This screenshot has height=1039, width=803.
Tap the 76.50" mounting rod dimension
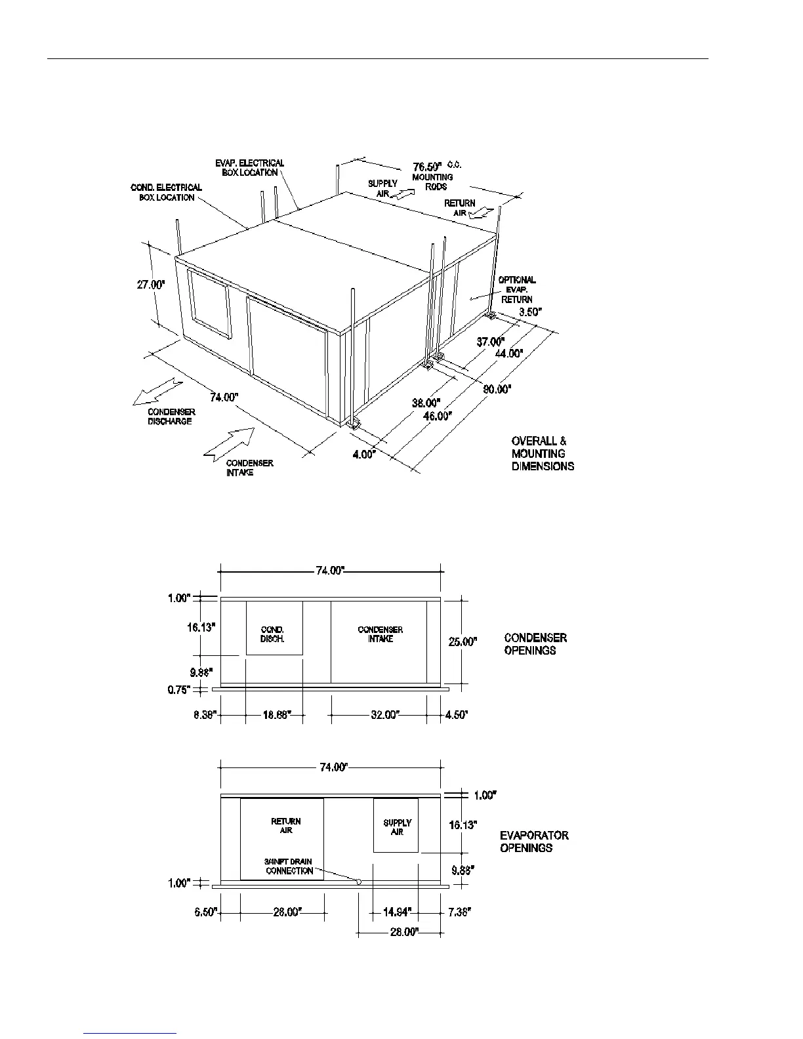pos(427,166)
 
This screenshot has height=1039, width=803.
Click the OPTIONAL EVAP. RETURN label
pos(518,289)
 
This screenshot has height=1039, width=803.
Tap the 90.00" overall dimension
pos(497,389)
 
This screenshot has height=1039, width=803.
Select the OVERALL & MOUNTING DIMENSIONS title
pos(543,453)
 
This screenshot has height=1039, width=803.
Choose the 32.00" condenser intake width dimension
pos(384,714)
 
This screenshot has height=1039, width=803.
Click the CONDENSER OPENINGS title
pos(535,643)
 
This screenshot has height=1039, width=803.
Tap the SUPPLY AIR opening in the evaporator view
pos(396,826)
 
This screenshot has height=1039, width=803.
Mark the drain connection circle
pos(359,882)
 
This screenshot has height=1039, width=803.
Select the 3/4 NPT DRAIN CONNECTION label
pos(289,866)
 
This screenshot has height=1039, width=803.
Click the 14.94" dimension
pos(397,912)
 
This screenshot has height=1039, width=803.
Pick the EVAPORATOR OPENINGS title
pos(534,842)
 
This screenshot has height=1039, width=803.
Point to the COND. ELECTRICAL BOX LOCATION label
pos(167,192)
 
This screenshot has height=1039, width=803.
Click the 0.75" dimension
pos(179,689)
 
